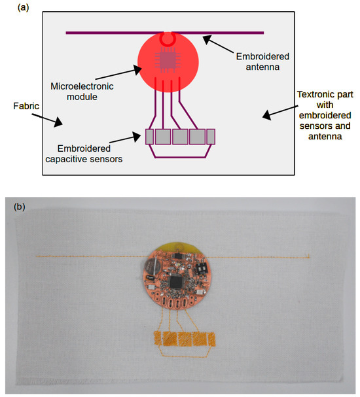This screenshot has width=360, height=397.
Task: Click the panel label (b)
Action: point(22,207)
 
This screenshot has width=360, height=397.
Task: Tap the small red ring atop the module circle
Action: point(168,40)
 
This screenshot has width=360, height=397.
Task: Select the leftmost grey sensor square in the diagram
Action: point(149,137)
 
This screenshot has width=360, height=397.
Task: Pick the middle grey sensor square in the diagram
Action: point(179,137)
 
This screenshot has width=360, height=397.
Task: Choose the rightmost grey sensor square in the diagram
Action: point(210,137)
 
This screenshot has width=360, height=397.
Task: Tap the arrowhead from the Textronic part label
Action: point(264,116)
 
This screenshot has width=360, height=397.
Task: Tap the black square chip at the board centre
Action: point(176,283)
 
